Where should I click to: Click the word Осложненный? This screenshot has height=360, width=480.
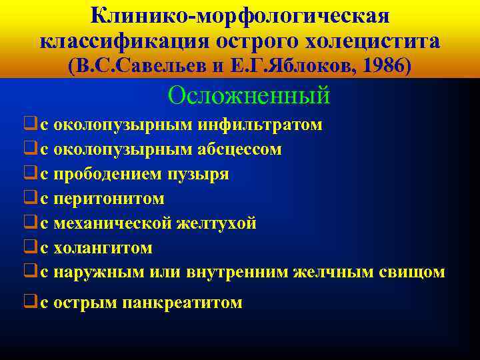click(x=249, y=95)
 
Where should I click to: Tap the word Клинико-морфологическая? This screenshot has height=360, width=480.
click(x=239, y=15)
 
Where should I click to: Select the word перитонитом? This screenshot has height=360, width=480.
click(x=109, y=199)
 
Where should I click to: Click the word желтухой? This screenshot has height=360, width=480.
click(x=216, y=224)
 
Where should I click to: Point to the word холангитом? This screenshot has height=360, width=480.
click(x=103, y=249)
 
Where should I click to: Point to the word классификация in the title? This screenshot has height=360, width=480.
click(x=124, y=41)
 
